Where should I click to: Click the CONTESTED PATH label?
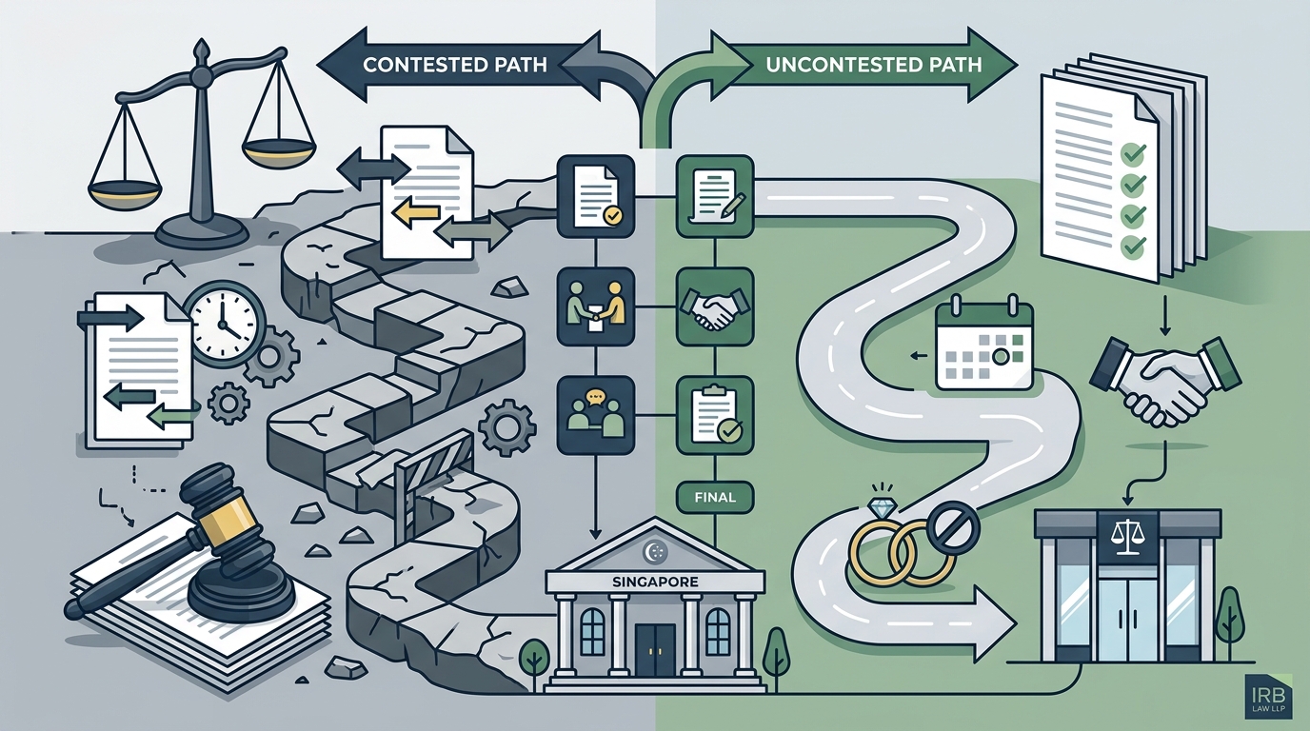454,65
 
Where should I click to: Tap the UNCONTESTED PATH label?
873,65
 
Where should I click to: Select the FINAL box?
715,498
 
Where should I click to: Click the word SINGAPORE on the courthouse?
655,582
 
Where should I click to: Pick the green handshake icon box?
715,307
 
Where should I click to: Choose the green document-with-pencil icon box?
715,196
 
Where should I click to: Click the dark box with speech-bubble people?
595,415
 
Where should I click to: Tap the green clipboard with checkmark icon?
715,415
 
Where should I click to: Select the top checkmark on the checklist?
1132,153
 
